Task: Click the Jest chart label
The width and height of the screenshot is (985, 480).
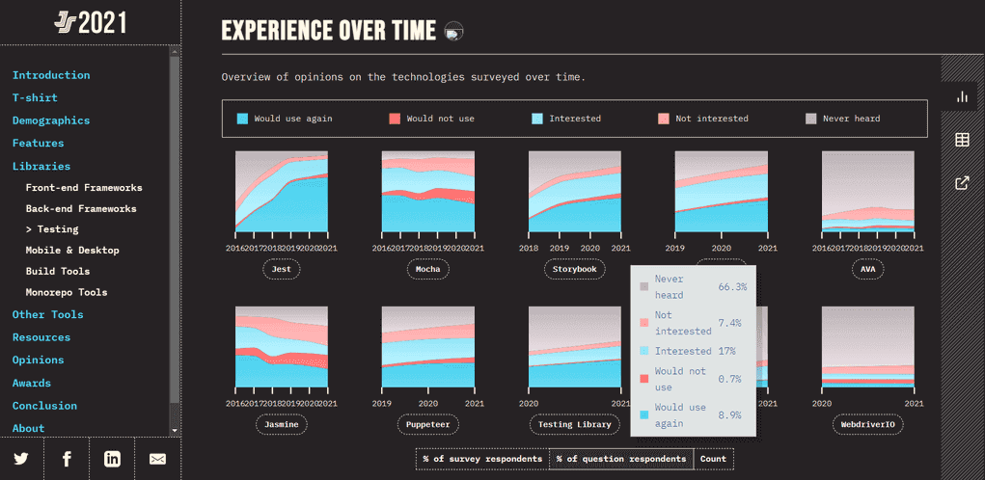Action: click(282, 269)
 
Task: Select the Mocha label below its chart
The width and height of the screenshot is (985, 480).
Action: click(427, 269)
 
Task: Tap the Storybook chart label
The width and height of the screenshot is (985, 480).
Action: click(574, 269)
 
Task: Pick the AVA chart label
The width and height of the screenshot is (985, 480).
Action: click(867, 269)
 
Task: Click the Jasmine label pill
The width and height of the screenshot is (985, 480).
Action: click(282, 424)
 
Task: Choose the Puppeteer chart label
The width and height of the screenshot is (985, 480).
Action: click(427, 424)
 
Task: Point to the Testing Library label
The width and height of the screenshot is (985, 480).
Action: click(574, 424)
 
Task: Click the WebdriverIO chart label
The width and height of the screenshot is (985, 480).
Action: click(867, 424)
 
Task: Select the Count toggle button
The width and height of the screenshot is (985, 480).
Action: click(713, 459)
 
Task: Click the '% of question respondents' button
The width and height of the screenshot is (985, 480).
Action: click(620, 459)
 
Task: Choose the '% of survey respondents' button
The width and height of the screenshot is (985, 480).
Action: click(482, 459)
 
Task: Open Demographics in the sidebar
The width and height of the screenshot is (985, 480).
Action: click(51, 120)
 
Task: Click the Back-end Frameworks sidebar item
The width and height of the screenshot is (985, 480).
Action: click(81, 208)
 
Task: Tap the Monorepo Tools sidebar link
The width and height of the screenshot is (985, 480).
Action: click(67, 292)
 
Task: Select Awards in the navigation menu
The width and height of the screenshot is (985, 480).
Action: click(32, 383)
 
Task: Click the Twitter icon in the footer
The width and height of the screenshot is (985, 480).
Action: click(21, 459)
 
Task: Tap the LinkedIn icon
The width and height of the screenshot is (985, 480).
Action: click(112, 459)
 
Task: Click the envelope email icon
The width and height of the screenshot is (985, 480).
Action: click(157, 459)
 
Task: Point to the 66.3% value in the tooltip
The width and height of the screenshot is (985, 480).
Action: click(732, 287)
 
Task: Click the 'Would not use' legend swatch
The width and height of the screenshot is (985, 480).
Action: click(394, 119)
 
